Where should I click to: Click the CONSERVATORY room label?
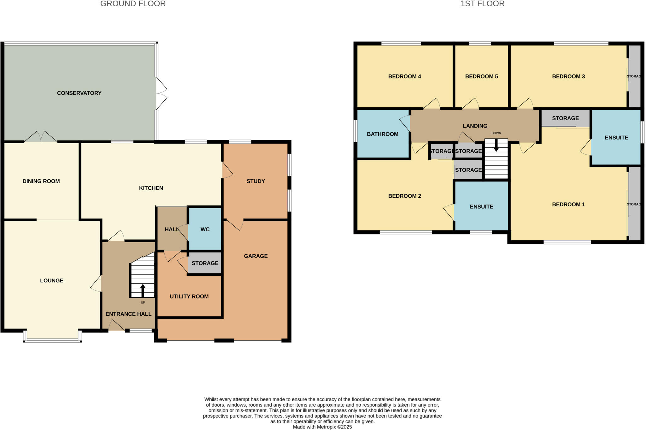pos(79,93)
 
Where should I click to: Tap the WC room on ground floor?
pos(205,229)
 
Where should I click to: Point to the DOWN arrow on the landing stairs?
pos(496,146)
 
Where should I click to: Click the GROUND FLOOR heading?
pos(133,4)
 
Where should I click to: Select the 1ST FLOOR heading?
pos(482,4)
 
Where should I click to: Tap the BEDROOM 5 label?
pos(481,76)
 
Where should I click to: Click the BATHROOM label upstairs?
pos(382,134)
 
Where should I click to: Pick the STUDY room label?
pos(255,181)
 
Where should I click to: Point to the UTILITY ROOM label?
pos(189,297)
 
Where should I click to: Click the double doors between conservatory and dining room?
pos(41,137)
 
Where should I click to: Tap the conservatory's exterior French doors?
pos(161,93)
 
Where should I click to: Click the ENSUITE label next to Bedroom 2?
pos(481,207)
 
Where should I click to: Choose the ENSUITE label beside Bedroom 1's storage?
pos(616,138)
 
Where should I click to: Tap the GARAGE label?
pos(255,256)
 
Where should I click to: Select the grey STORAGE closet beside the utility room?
pos(205,263)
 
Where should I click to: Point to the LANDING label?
pos(475,126)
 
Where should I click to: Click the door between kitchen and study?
pos(227,170)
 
